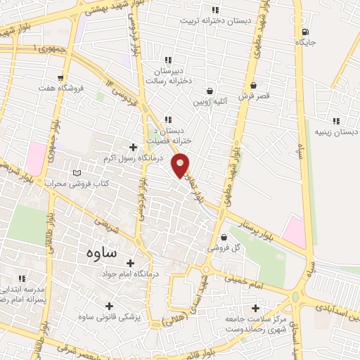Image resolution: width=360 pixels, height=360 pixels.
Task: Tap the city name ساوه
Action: (x=102, y=252)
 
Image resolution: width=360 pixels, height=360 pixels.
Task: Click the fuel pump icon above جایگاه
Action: (x=304, y=32)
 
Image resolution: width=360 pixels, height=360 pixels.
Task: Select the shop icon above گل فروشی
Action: (x=224, y=237)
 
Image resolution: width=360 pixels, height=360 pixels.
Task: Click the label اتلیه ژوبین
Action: (x=209, y=102)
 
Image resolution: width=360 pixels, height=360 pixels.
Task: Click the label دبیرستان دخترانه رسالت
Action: (x=168, y=76)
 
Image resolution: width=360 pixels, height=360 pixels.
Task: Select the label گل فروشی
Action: (x=223, y=248)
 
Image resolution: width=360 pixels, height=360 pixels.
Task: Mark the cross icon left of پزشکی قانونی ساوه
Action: (x=108, y=307)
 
